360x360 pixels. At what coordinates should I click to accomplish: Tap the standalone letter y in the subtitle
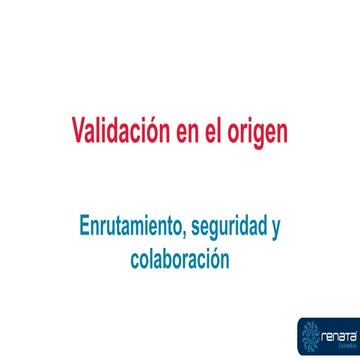point(275,229)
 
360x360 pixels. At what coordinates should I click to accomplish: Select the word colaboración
point(180,258)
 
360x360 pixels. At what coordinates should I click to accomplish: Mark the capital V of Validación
point(78,131)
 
